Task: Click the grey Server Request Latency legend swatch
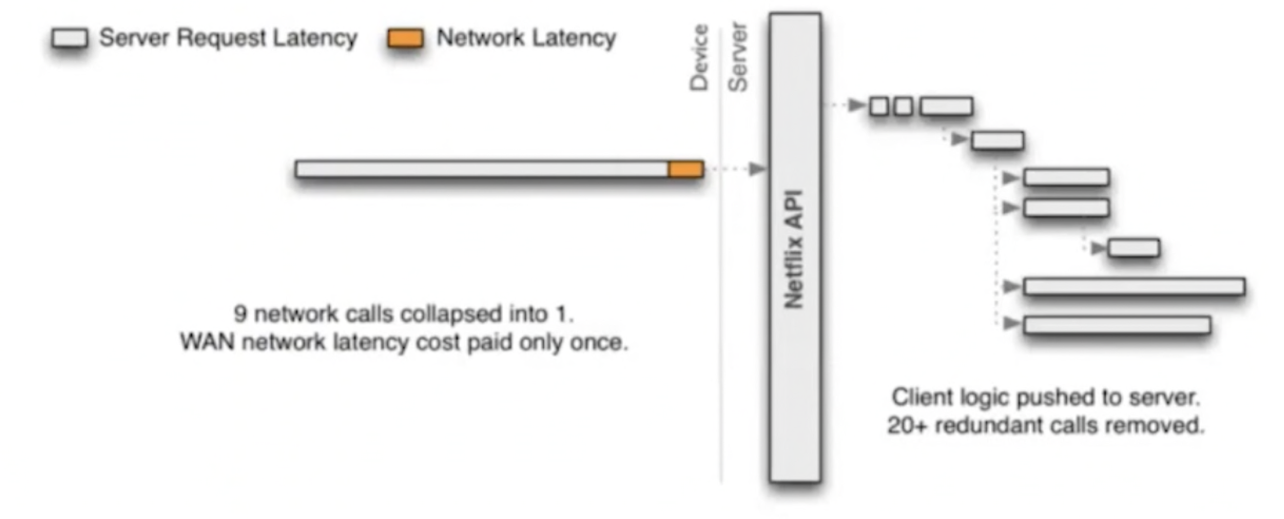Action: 70,38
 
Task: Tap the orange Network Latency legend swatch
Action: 405,38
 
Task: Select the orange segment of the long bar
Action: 685,169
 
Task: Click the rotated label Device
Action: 699,58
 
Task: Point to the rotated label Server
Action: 738,58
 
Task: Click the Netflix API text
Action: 794,249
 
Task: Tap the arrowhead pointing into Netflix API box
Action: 757,169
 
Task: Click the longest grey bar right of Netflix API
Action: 1134,286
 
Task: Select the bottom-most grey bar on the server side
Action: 1117,325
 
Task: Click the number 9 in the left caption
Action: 240,314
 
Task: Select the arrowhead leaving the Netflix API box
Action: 856,106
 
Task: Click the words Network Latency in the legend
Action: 526,38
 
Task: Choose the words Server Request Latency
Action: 228,38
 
